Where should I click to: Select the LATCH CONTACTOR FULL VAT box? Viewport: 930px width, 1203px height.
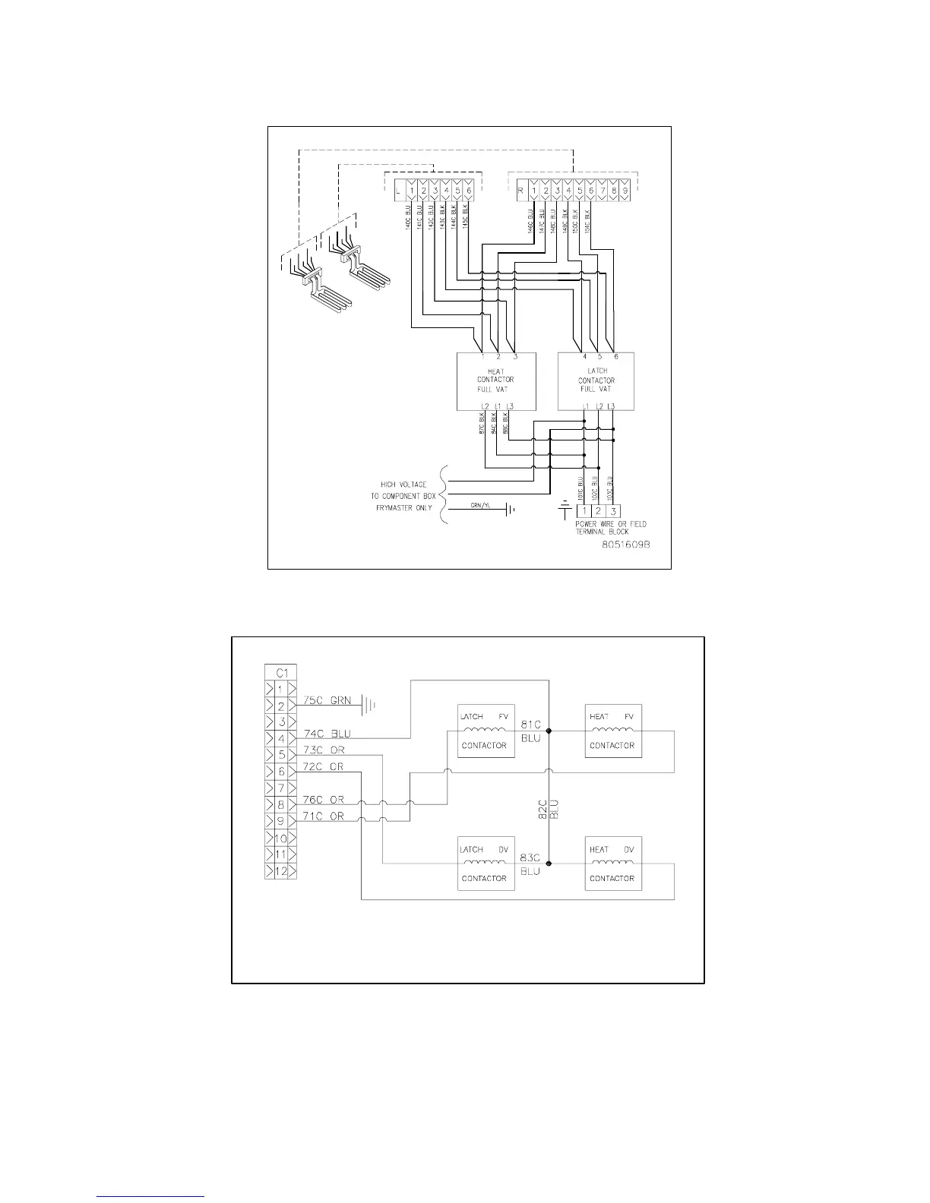coord(596,381)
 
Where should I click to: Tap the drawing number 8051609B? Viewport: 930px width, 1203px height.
coord(628,545)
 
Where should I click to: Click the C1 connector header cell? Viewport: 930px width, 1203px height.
coord(281,672)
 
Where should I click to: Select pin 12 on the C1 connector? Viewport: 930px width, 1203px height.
coord(281,871)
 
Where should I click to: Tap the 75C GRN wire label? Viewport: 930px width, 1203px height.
coord(327,700)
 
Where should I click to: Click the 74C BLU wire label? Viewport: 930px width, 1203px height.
coord(327,734)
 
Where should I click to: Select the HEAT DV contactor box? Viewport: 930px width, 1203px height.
coord(612,864)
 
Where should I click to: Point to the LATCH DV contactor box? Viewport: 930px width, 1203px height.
coord(484,864)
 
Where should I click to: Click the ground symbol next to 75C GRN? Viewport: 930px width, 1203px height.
coord(369,706)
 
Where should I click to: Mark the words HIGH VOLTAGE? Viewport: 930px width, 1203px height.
coord(403,485)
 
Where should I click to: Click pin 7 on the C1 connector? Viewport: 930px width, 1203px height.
coord(281,788)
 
